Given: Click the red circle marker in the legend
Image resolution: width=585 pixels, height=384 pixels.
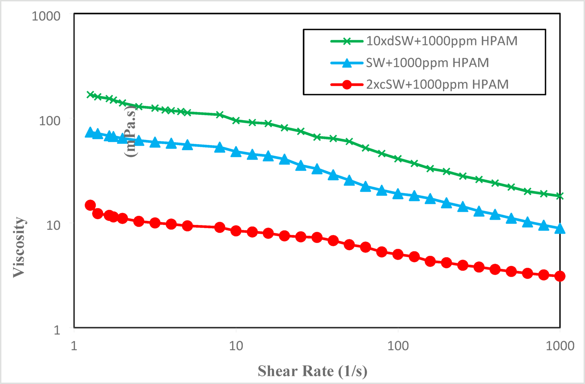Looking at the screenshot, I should pos(347,84).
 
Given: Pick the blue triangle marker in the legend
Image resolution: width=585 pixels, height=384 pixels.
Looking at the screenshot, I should pos(347,63).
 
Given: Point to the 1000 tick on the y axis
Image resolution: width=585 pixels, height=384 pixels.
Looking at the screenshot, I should pos(46,16).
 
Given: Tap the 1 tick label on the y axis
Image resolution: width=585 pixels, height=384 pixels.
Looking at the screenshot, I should pos(57,330).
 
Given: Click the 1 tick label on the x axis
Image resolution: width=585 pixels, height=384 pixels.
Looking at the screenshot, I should pos(74,346).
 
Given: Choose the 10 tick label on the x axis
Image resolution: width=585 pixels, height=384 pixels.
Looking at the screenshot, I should pos(236,346).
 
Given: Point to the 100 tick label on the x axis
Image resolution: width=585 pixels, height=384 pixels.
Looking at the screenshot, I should pos(398,346).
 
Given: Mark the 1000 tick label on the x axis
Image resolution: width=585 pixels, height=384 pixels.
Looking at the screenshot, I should pos(560,346).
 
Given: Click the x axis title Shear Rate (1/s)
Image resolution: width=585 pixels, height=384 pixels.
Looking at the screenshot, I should pos(312,371).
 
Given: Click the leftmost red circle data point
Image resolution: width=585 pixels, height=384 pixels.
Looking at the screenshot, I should pos(90,205).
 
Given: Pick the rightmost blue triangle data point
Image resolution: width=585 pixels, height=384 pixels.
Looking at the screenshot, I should pos(560,229).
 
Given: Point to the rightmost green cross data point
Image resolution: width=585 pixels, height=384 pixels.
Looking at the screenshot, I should pos(560,196).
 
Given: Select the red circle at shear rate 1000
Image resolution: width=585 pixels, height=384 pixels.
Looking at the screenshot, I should pos(560,276).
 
